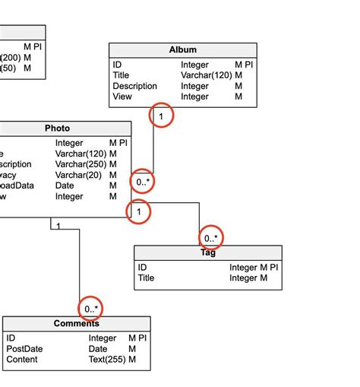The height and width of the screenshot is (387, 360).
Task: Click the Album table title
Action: [182, 50]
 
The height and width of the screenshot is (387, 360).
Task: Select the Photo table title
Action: [58, 128]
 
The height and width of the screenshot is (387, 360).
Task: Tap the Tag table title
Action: [207, 253]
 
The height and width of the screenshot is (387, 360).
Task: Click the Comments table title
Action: [77, 324]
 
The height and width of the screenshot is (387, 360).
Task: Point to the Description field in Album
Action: [134, 86]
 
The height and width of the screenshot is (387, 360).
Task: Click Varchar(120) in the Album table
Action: [206, 75]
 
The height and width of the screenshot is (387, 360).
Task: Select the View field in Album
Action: [122, 97]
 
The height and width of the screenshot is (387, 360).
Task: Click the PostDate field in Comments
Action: [24, 349]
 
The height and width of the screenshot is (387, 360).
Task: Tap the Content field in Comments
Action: [22, 360]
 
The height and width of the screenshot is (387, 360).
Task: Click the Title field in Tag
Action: [146, 278]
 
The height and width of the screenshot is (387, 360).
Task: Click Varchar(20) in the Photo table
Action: [78, 175]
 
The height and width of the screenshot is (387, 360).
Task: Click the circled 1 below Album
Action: [161, 116]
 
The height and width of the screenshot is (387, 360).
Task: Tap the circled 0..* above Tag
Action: [212, 238]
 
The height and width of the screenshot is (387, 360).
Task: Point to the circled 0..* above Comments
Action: [91, 309]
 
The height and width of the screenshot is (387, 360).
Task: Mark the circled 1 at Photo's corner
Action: [139, 212]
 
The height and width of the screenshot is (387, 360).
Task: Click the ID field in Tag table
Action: [143, 268]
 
